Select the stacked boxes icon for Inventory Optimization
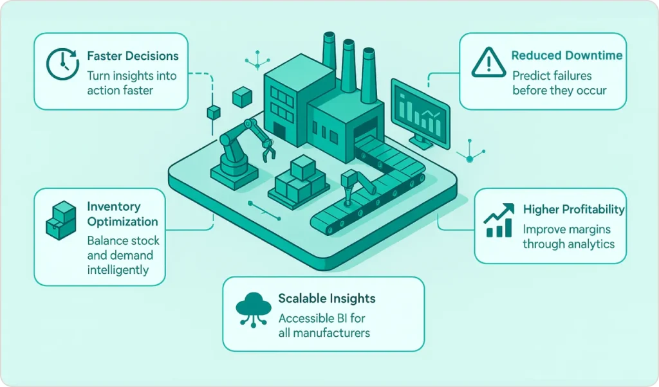(x=62, y=221)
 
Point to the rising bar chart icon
(x=499, y=221)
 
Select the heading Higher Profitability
(x=573, y=210)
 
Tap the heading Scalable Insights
(x=326, y=299)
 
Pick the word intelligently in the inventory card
(x=118, y=270)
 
